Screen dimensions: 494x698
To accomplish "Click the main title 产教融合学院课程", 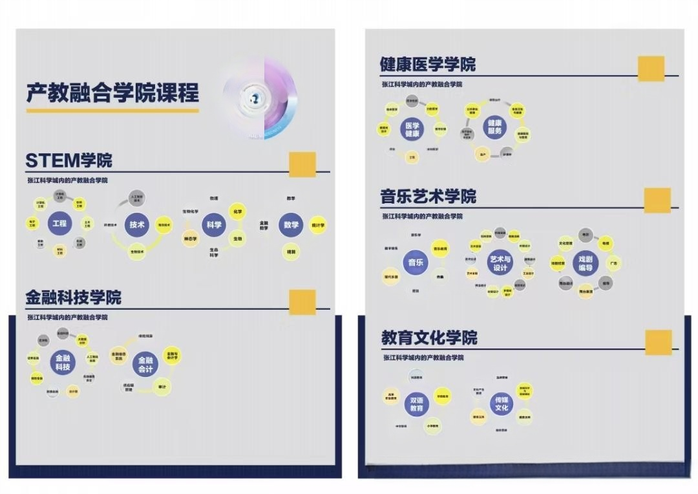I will point(112,92).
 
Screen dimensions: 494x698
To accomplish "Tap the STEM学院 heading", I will point(69,160).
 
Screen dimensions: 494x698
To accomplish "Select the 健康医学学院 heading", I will point(427,64).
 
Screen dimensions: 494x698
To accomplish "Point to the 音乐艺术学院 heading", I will point(428,196).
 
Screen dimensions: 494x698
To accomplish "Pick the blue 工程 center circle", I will point(58,224).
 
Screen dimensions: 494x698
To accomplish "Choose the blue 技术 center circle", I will point(137,224).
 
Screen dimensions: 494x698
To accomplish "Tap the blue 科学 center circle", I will point(213,225).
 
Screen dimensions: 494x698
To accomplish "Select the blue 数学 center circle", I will point(291,225).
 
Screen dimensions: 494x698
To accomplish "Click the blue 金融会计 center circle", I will point(145,365).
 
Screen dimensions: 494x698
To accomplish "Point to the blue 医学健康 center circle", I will point(412,129).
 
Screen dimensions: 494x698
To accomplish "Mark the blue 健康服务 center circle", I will point(494,126).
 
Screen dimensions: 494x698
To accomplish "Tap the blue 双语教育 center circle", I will point(416,404).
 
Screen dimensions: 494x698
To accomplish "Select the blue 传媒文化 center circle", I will point(502,403).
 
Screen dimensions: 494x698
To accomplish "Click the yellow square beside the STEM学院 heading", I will point(302,164).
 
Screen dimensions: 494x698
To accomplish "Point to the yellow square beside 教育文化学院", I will point(658,342).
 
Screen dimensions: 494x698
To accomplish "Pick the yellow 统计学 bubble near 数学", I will point(317,225).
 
